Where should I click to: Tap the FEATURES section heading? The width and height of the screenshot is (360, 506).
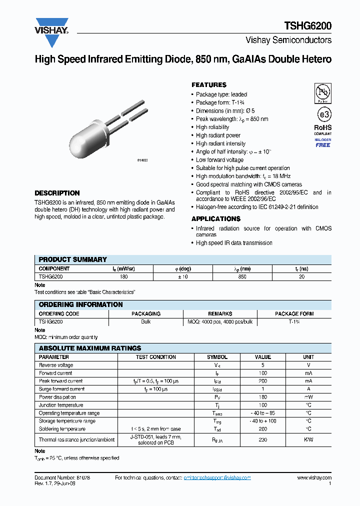(209, 85)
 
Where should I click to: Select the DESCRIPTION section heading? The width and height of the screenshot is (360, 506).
(57, 193)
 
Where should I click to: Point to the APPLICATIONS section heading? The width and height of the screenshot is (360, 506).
(216, 219)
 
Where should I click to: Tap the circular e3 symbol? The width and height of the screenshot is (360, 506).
(323, 114)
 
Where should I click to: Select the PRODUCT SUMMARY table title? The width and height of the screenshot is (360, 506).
(72, 259)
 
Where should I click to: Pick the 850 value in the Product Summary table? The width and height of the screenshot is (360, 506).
(242, 276)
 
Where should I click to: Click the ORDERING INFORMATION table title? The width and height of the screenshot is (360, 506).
(80, 304)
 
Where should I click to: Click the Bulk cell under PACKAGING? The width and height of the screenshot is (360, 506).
(145, 321)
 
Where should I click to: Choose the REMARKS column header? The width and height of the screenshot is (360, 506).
(220, 314)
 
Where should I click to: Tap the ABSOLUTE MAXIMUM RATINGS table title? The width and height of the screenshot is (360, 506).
(90, 348)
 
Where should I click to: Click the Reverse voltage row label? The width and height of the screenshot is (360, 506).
(56, 365)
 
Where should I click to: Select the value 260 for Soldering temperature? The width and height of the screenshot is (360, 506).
(262, 429)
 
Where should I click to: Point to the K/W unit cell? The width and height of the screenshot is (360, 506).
(308, 440)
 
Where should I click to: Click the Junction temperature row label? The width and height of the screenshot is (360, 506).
(61, 405)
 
